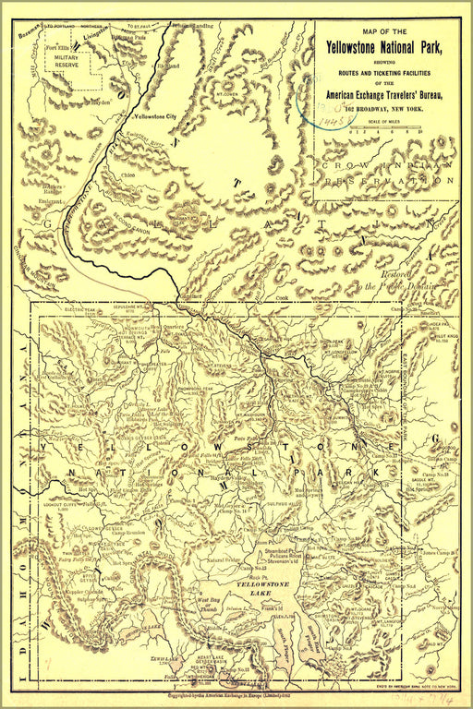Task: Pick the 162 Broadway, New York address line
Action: click(x=387, y=110)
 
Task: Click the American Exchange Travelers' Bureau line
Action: click(x=387, y=95)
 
